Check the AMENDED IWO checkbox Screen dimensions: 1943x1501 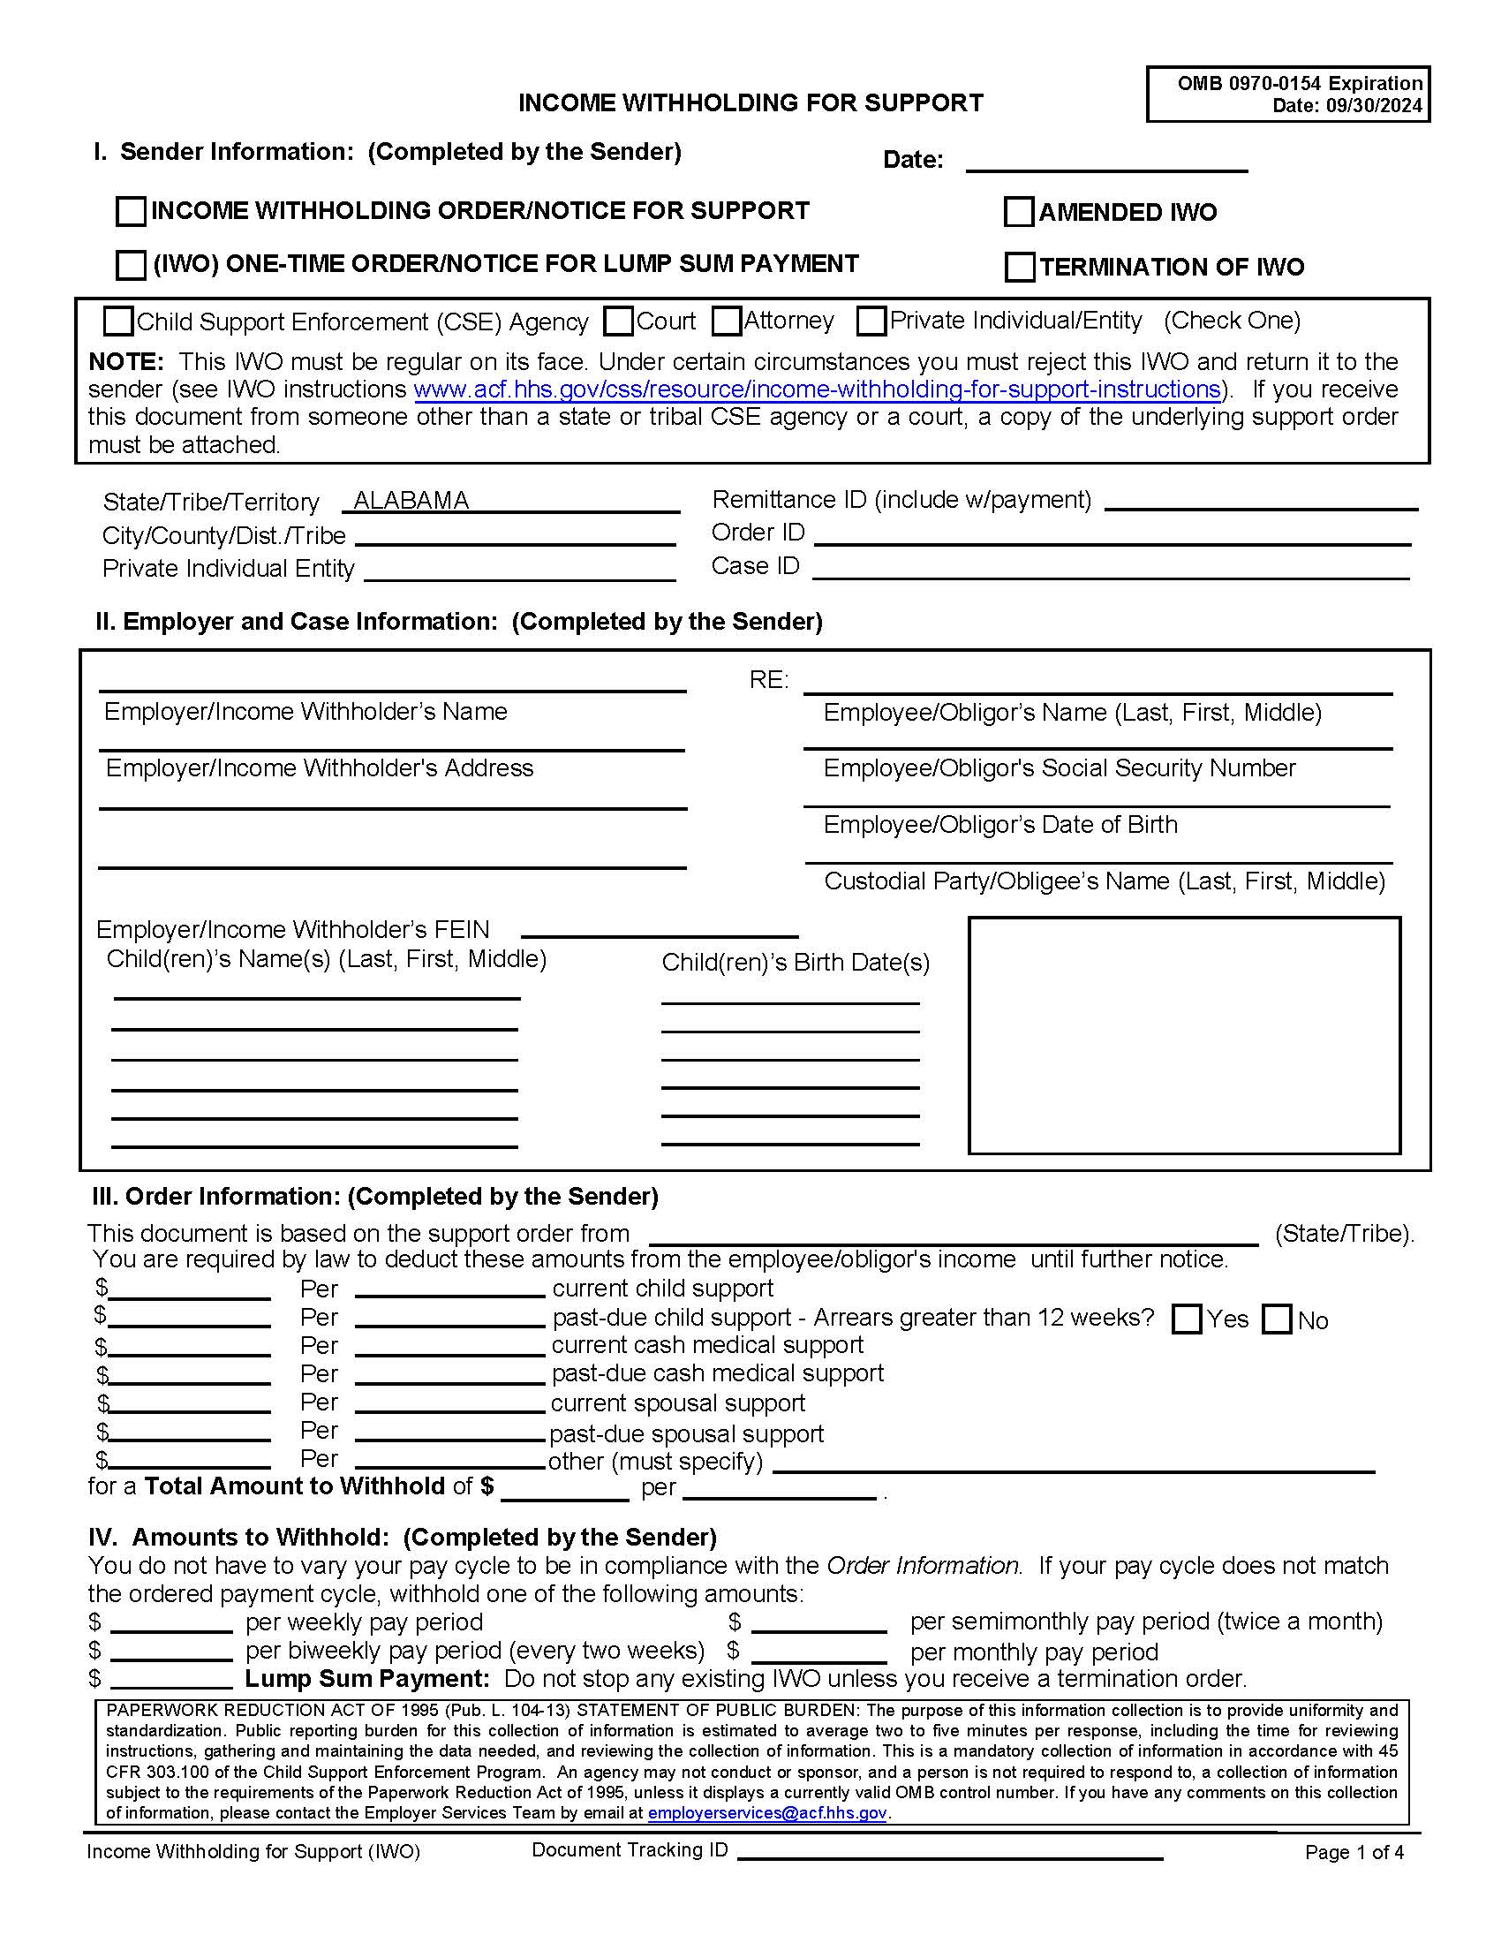click(1019, 212)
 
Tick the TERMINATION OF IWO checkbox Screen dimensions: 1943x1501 click(1020, 267)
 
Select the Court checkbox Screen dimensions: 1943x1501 click(618, 321)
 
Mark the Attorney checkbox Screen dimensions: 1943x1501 click(727, 321)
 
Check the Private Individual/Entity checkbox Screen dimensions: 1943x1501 click(871, 321)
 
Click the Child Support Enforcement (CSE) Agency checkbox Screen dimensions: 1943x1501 click(118, 321)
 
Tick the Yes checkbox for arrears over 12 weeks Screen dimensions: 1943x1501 click(1186, 1319)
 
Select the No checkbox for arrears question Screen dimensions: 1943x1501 click(1277, 1319)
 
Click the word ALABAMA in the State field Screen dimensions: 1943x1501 click(411, 501)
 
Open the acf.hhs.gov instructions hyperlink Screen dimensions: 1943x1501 click(817, 389)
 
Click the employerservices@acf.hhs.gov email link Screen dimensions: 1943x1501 click(766, 1813)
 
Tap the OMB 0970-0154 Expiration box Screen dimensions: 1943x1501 click(1287, 94)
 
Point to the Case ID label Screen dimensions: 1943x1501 click(755, 566)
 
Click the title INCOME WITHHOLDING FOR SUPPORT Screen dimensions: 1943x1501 click(750, 103)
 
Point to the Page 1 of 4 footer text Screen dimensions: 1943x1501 click(1354, 1852)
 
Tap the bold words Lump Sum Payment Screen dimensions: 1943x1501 click(367, 1679)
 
